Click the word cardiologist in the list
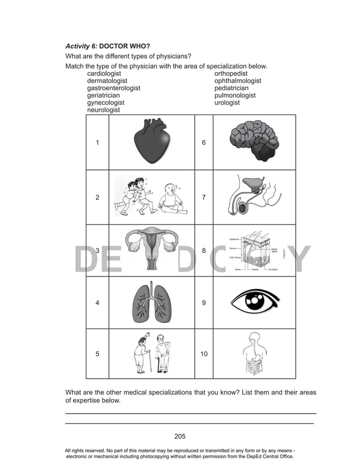tap(104, 74)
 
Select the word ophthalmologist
tap(238, 81)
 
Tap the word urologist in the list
tap(227, 103)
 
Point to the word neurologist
tap(103, 111)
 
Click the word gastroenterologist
tap(113, 89)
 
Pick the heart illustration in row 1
tap(151, 142)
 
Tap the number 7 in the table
tap(204, 198)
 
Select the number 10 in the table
tap(204, 354)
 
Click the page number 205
tap(180, 436)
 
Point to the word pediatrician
tap(231, 89)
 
